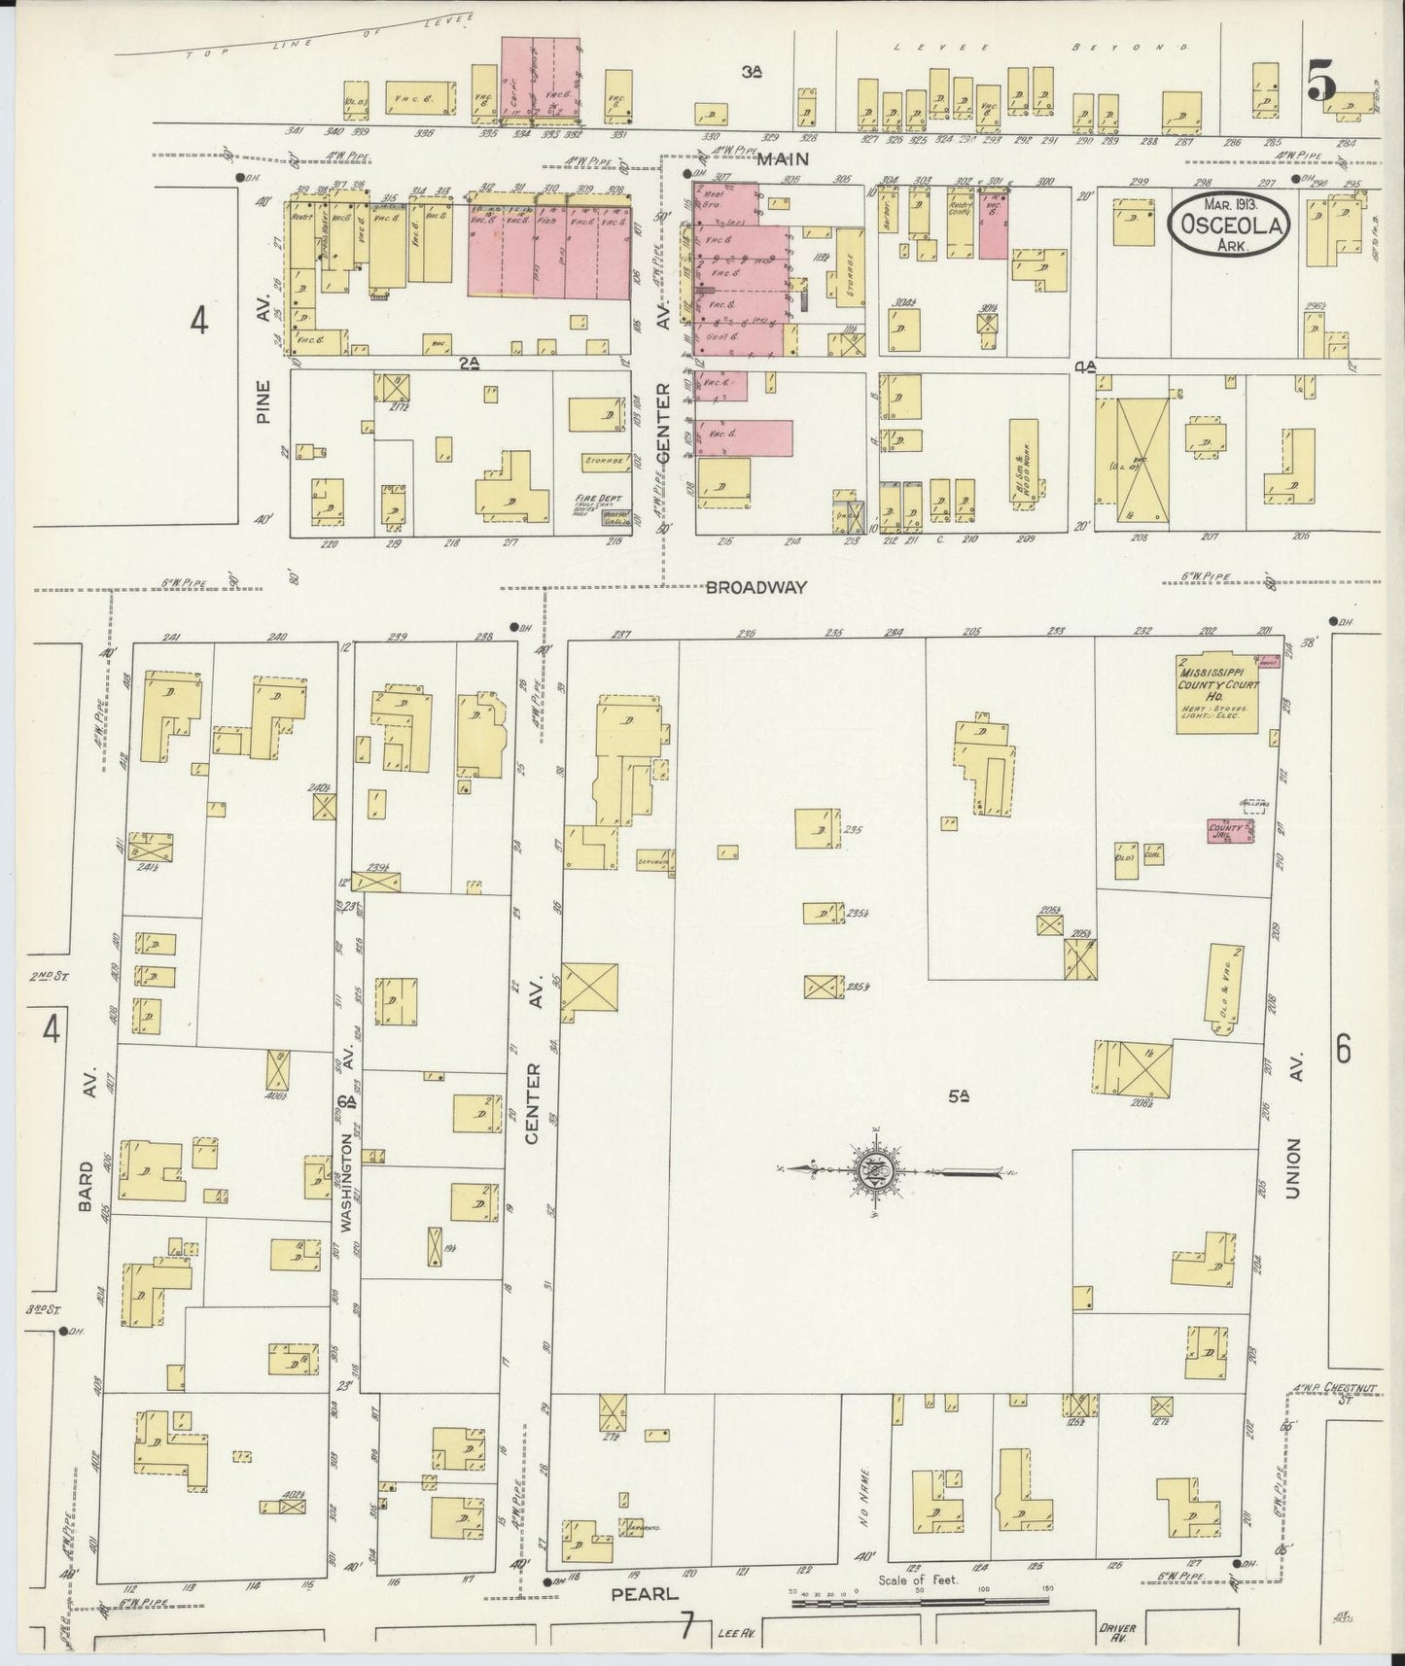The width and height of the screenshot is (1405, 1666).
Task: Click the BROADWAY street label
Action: (756, 587)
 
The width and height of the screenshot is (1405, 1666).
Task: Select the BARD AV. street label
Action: (88, 1133)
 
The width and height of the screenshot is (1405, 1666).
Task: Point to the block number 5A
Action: (960, 1096)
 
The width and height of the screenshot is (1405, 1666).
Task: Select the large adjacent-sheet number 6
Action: (1344, 1050)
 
